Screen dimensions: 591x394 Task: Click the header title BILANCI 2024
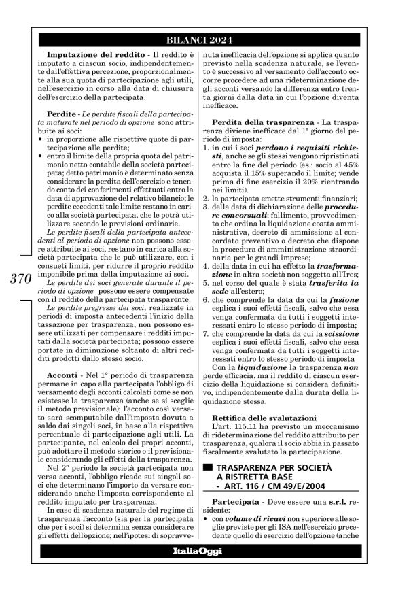tap(196, 39)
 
